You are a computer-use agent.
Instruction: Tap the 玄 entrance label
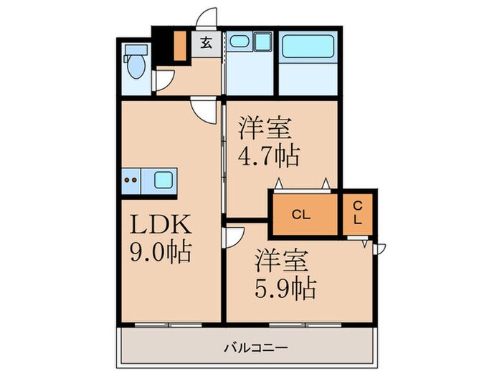click(206, 43)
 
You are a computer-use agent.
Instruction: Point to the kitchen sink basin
click(164, 179)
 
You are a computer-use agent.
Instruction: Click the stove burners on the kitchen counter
click(132, 179)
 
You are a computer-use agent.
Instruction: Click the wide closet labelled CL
click(302, 213)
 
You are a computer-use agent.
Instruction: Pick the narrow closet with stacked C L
click(356, 213)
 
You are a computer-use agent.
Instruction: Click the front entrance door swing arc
click(209, 18)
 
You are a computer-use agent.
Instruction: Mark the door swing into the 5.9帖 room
click(235, 236)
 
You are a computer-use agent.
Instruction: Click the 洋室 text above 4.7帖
click(265, 129)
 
